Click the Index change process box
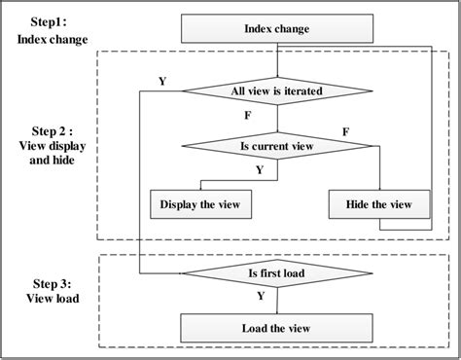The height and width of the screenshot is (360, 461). pyautogui.click(x=277, y=30)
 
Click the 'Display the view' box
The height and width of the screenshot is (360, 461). pyautogui.click(x=199, y=205)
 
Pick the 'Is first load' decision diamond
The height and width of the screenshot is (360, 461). pyautogui.click(x=277, y=273)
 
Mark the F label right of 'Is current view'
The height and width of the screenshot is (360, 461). pyautogui.click(x=347, y=129)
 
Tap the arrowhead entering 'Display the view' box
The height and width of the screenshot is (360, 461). pyautogui.click(x=199, y=189)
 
